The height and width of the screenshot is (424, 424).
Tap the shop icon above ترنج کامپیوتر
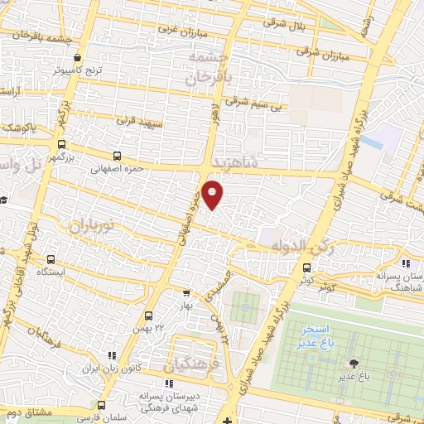[x=77, y=58]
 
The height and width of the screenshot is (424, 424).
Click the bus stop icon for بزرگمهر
[x=115, y=155]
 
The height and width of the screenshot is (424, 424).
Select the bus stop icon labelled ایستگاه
[x=53, y=258]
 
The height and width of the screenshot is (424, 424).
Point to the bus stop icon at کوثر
[x=307, y=267]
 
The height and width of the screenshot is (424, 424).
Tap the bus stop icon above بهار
[x=186, y=292]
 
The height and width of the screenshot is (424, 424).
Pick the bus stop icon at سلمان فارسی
[x=101, y=405]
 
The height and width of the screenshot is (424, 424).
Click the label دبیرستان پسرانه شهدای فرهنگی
[x=166, y=401]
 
